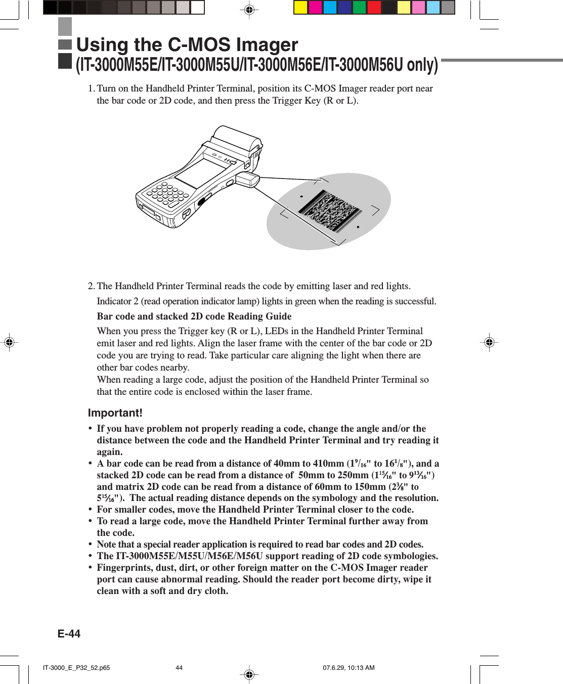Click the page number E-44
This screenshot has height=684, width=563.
69,633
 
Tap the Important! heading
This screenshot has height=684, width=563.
115,413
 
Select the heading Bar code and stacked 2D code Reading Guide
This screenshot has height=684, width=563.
194,316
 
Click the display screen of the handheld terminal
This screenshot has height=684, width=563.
200,172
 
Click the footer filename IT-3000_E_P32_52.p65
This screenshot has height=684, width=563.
76,668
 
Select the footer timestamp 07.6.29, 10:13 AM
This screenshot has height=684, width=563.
349,668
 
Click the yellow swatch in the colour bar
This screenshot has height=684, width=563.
301,8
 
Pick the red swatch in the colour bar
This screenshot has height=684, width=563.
374,8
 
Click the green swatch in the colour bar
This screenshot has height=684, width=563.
360,8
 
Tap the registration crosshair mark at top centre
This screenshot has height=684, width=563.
249,10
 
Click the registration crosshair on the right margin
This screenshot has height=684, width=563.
489,342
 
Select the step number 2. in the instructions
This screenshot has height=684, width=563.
91,286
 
